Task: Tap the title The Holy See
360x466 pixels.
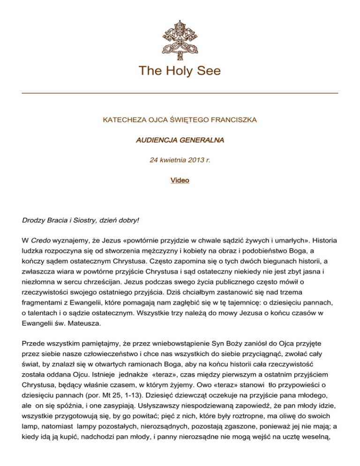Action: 180,71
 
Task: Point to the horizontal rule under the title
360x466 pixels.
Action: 180,93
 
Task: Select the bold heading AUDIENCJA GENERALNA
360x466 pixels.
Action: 180,140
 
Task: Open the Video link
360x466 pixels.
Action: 180,179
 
